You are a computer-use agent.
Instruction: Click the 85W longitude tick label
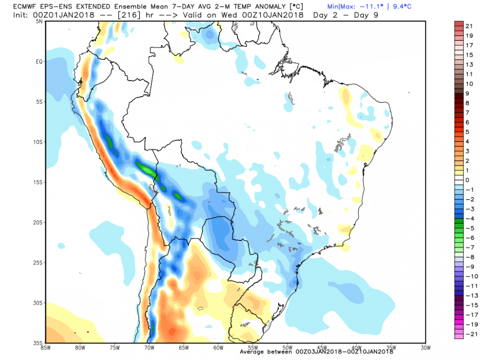coord(46,347)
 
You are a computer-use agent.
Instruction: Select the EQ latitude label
coord(39,61)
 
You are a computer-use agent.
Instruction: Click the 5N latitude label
coord(39,21)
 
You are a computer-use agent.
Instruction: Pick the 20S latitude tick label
coord(38,222)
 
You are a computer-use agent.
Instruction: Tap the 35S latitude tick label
coord(38,343)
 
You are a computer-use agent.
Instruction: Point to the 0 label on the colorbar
coord(467,180)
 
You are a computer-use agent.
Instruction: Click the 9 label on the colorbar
coord(467,94)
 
